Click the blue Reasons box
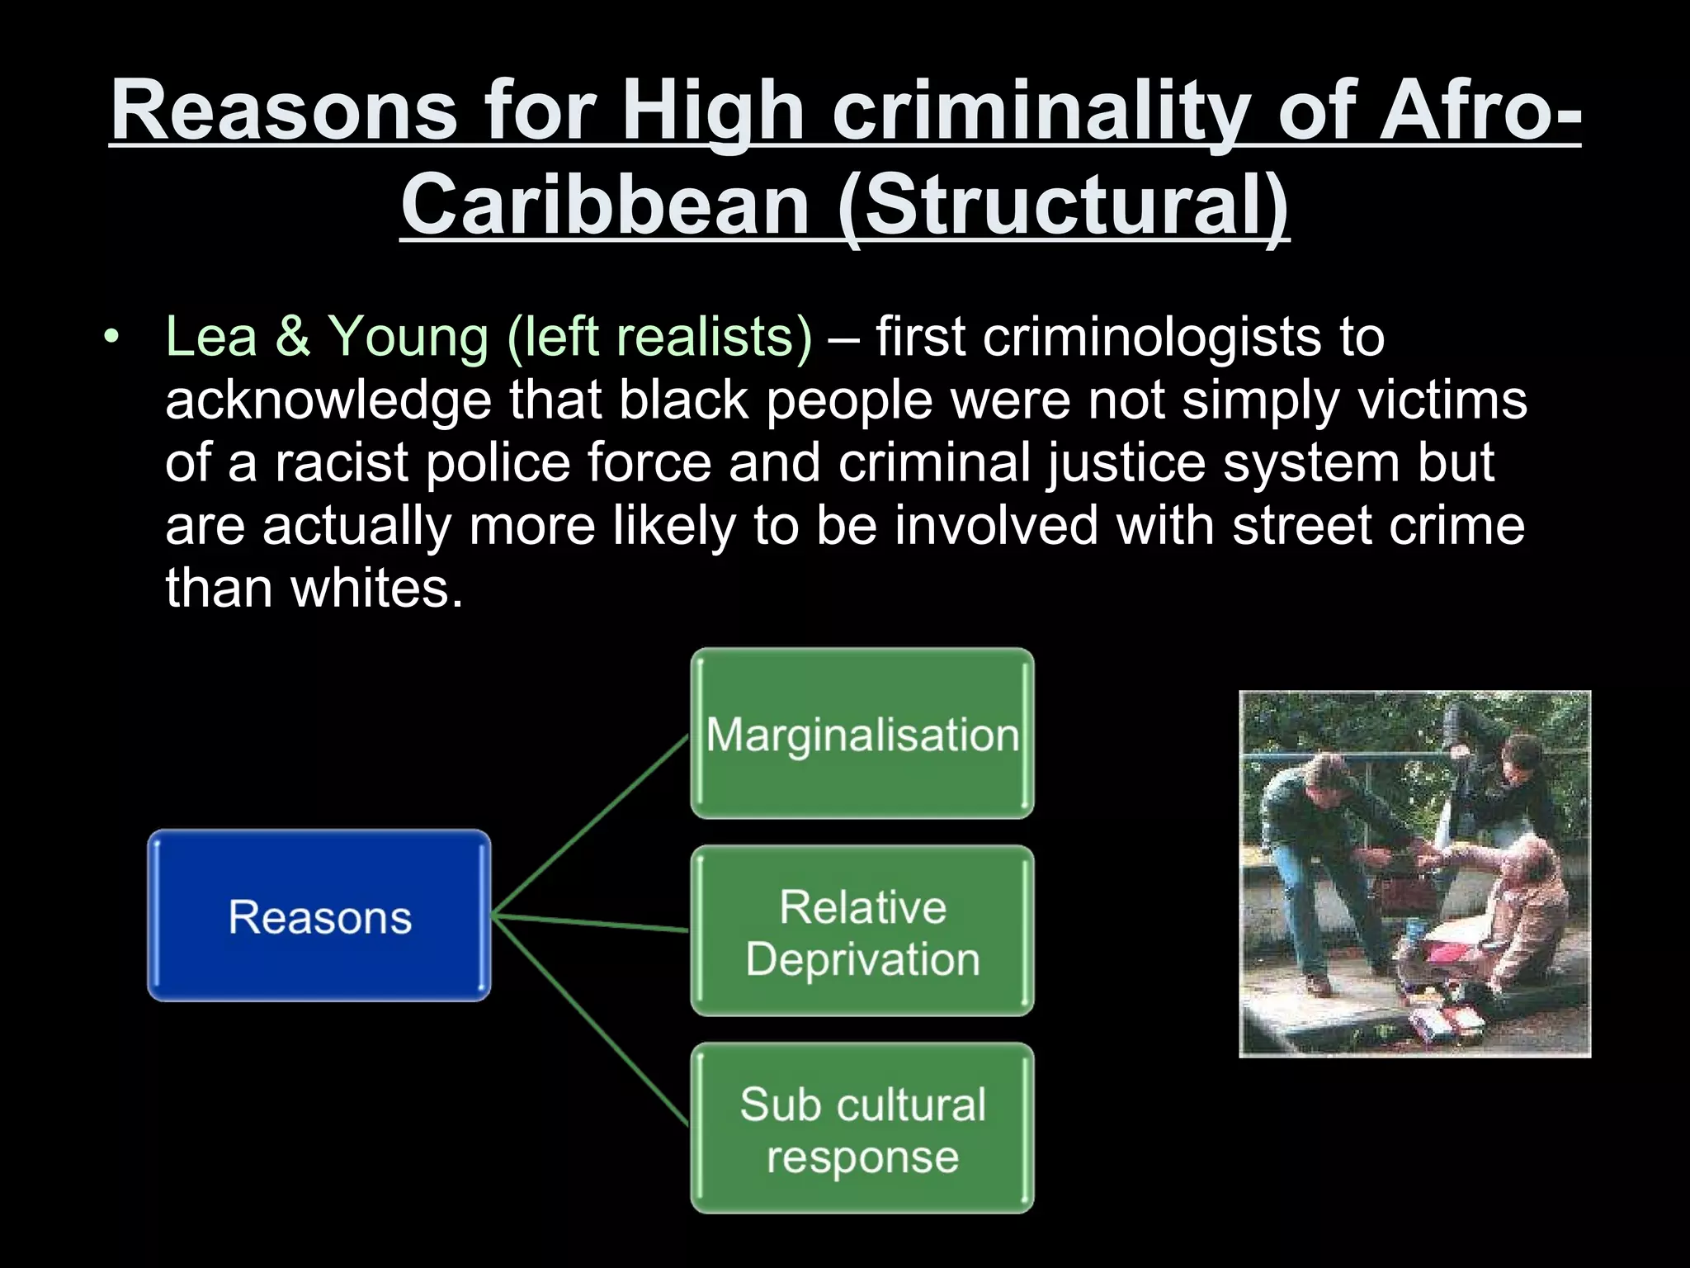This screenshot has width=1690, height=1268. pos(319,916)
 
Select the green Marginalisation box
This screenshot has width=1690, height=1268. pos(862,734)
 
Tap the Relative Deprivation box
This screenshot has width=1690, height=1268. pos(862,931)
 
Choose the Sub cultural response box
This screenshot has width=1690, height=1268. pos(862,1128)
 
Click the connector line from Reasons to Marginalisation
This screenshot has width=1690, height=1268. pos(590,826)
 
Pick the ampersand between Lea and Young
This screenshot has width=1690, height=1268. pos(292,337)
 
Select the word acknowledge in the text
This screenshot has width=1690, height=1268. pos(328,401)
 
